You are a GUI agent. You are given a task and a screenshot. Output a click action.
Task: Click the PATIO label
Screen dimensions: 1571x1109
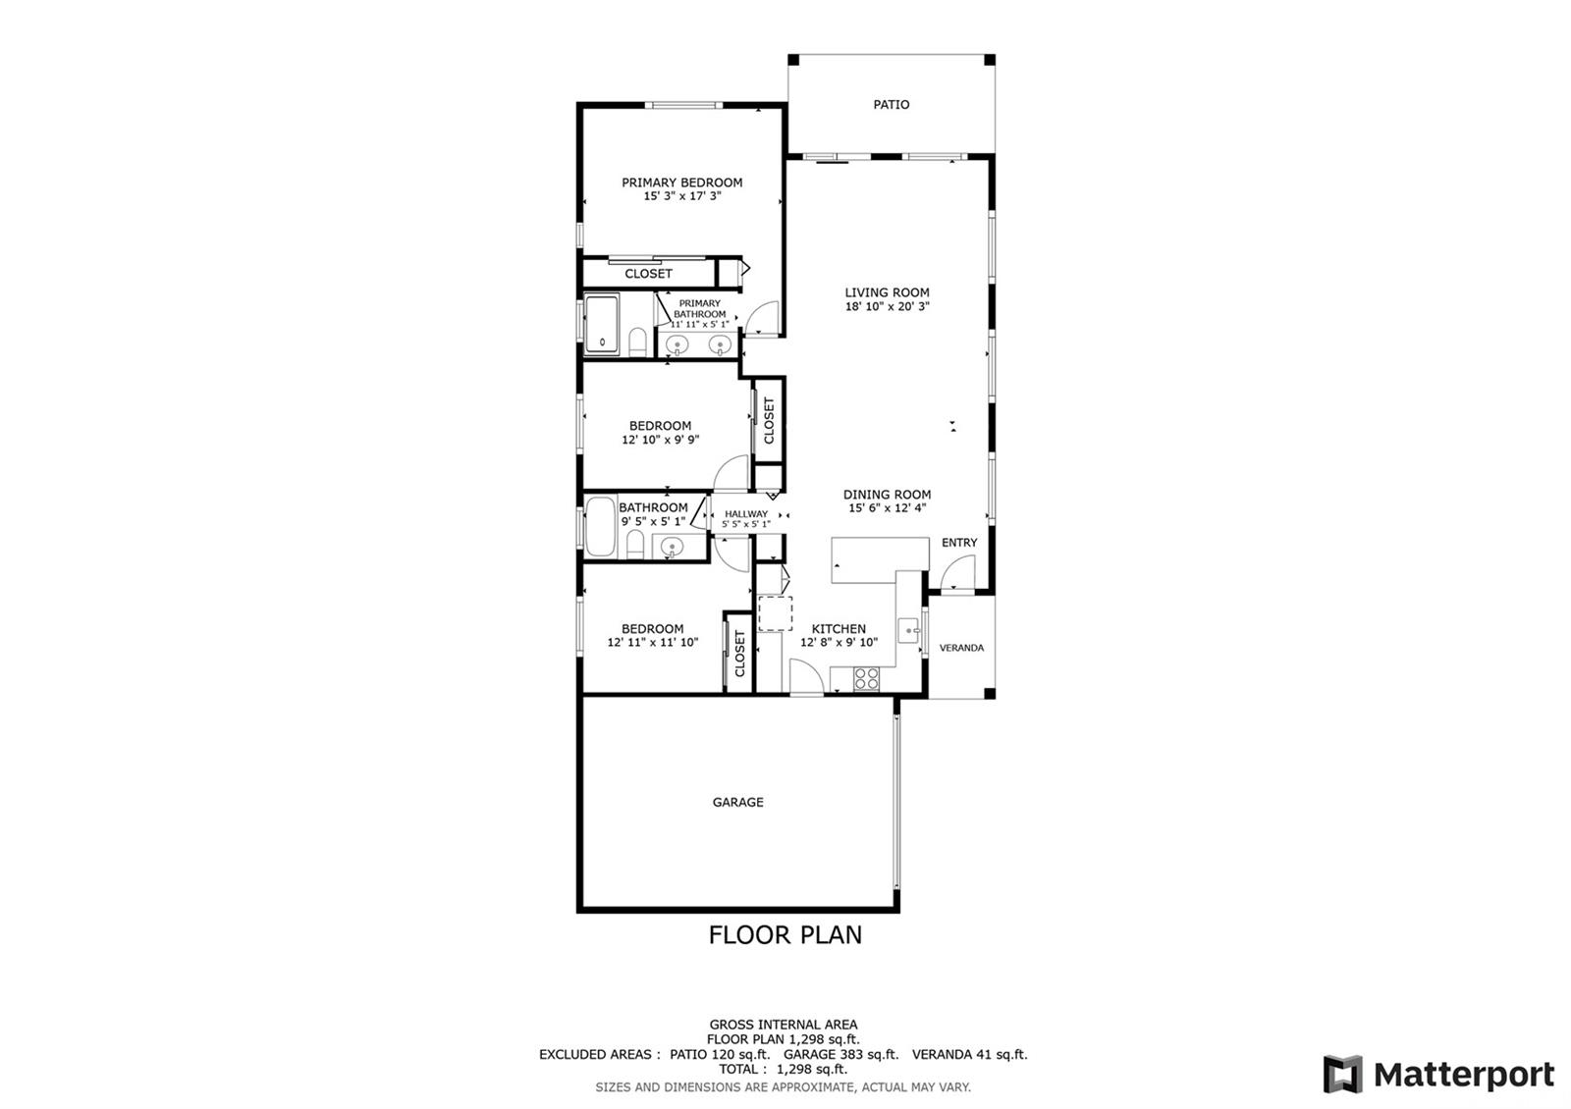pyautogui.click(x=891, y=104)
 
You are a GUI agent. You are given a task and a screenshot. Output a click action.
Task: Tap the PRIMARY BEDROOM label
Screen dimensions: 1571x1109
pyautogui.click(x=681, y=183)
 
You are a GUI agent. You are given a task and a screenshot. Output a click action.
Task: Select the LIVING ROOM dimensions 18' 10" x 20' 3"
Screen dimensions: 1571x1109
pyautogui.click(x=888, y=306)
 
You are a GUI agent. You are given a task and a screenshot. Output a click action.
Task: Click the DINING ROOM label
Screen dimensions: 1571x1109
pyautogui.click(x=888, y=495)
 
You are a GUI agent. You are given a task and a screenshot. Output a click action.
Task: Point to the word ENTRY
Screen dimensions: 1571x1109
pyautogui.click(x=959, y=543)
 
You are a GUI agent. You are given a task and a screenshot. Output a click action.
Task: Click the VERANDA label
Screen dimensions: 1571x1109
pyautogui.click(x=961, y=648)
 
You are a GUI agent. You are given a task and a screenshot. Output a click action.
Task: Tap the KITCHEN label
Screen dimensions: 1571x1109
pyautogui.click(x=839, y=629)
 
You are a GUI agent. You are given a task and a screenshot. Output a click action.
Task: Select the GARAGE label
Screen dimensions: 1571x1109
pyautogui.click(x=737, y=802)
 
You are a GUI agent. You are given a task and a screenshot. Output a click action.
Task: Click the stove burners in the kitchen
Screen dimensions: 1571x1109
pyautogui.click(x=866, y=678)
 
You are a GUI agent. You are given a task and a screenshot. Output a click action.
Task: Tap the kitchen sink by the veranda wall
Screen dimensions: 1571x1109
pyautogui.click(x=909, y=631)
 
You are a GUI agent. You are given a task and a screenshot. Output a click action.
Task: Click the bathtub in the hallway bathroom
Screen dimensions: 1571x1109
pyautogui.click(x=600, y=526)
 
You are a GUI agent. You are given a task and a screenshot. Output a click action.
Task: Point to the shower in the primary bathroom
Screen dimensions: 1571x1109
pyautogui.click(x=603, y=325)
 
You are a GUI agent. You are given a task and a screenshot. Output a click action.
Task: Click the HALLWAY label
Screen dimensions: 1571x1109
pyautogui.click(x=746, y=514)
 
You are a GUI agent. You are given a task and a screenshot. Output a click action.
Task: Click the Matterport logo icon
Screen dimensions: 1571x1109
pyautogui.click(x=1342, y=1074)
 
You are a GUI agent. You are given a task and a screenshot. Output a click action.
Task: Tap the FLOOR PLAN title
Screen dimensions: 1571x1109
pyautogui.click(x=785, y=934)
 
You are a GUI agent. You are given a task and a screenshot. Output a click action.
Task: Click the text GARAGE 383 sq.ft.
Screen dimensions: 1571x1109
pyautogui.click(x=840, y=1054)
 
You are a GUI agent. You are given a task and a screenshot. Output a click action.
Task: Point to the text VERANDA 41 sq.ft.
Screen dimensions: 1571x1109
pyautogui.click(x=970, y=1054)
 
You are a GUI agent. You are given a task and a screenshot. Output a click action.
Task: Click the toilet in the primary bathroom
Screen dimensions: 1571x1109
pyautogui.click(x=637, y=342)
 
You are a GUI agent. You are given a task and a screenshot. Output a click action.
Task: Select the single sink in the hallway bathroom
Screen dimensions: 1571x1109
pyautogui.click(x=672, y=546)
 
